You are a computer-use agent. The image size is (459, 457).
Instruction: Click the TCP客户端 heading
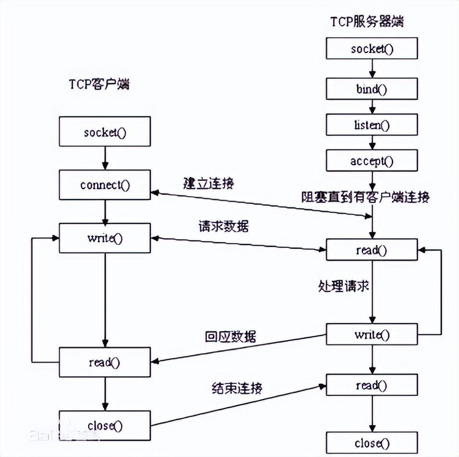point(98,85)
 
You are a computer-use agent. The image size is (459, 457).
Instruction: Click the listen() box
point(372,125)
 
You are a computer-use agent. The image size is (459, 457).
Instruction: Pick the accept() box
point(372,161)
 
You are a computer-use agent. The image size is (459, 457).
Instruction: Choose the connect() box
point(105,185)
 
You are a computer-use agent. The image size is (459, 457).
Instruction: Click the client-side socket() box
point(105,133)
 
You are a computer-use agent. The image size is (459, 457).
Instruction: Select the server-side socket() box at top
point(372,48)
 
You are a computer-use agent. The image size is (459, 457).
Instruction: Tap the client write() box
point(105,238)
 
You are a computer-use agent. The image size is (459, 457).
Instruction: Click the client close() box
point(105,425)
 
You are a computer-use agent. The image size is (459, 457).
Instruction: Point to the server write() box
point(372,335)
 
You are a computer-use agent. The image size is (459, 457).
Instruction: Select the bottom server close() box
point(372,443)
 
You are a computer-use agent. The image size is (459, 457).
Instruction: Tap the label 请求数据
point(223,226)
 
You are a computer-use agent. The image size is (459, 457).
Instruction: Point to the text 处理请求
point(343,287)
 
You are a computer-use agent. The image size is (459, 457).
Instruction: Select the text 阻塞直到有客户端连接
point(365,197)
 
